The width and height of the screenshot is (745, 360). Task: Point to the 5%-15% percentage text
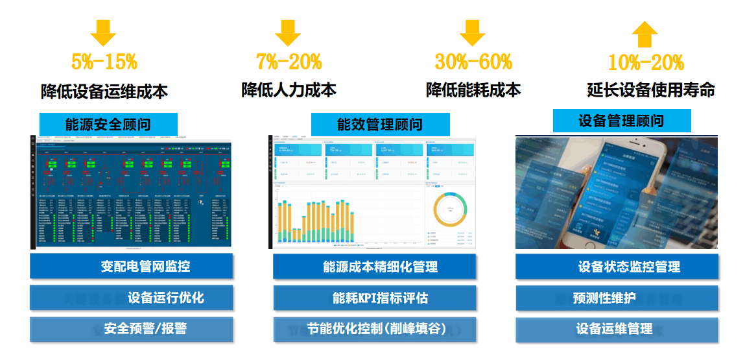point(104,62)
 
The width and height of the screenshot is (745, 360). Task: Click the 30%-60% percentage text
point(473,62)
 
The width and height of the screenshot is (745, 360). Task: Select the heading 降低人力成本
point(289,90)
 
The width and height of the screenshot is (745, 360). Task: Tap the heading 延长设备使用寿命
point(650,90)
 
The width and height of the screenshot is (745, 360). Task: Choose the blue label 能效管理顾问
point(380,124)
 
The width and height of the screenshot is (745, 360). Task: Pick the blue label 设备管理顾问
point(621,121)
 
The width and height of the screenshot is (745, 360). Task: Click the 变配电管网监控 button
point(131,267)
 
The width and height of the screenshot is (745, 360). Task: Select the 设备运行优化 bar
point(131,298)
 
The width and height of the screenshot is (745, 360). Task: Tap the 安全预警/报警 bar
point(131,329)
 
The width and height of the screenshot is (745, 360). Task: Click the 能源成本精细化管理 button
point(374,267)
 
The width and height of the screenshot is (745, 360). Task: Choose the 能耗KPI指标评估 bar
point(374,298)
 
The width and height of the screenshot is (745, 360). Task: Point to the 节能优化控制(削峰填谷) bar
point(374,329)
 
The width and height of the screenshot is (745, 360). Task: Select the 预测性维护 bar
point(617,298)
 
